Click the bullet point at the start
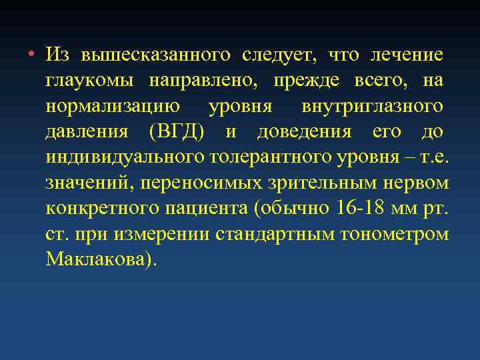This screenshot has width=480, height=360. (31, 54)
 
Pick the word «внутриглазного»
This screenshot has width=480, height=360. (371, 106)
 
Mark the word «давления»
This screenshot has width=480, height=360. (87, 131)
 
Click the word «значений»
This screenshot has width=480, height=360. (86, 183)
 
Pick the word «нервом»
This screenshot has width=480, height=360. (420, 183)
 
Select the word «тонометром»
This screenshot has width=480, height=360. (395, 234)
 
